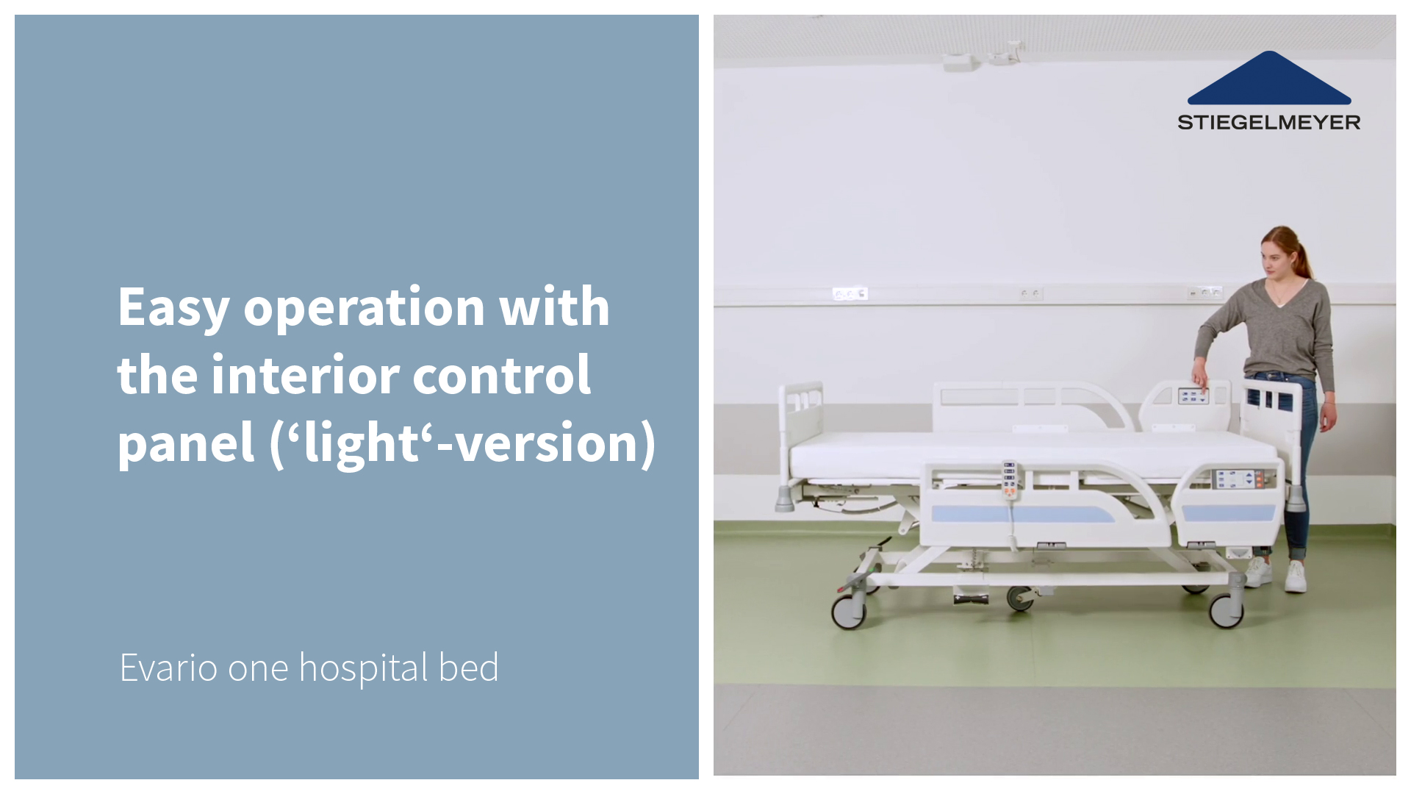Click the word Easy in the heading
coord(173,308)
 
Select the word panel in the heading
coord(186,444)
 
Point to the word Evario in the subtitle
coord(168,668)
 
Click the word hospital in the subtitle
coord(364,669)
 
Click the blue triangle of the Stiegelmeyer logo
coord(1269,78)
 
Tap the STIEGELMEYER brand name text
coord(1269,123)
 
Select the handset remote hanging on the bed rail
coord(1010,480)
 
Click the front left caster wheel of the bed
coord(848,611)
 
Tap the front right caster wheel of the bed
coord(1226,609)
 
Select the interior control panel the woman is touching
coord(1193,397)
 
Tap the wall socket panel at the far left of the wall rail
coord(850,293)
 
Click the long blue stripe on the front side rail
coord(1023,514)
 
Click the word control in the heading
coord(502,374)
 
